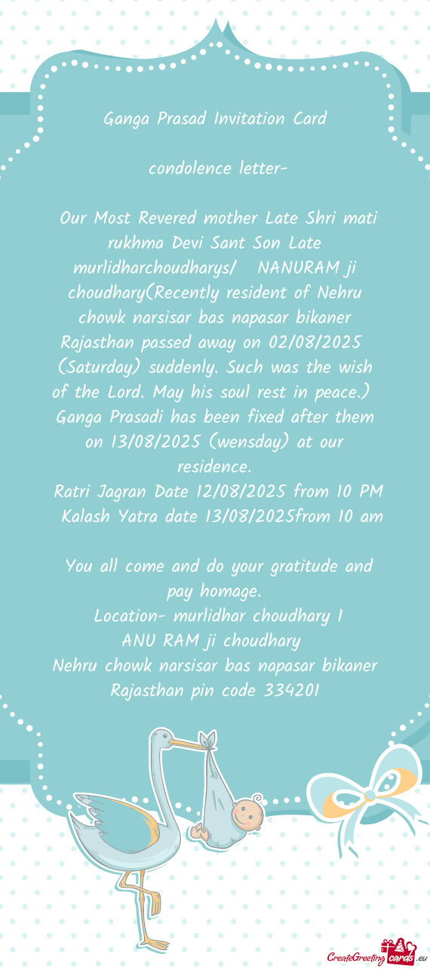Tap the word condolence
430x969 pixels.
pos(181,168)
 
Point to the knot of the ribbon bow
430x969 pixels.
pos(369,796)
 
